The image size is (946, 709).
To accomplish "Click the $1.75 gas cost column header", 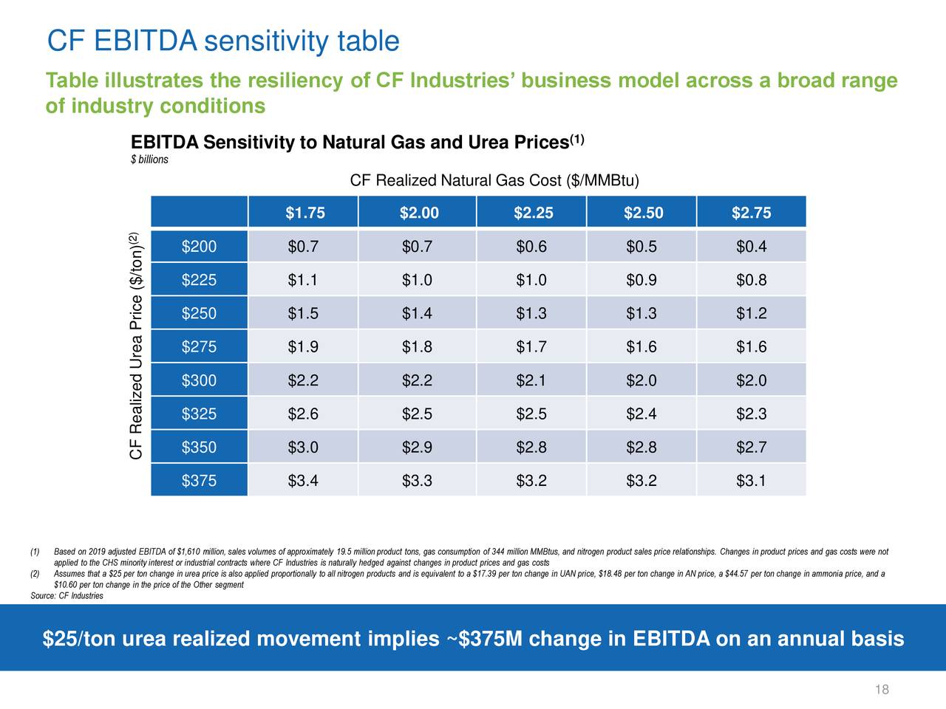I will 304,213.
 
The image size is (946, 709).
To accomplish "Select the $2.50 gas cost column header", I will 643,213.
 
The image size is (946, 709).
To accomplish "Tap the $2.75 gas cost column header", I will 751,213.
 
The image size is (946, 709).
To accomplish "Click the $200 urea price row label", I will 199,247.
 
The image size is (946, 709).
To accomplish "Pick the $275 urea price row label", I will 199,347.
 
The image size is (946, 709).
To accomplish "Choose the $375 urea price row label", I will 199,482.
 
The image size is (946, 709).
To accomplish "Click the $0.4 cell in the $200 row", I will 751,247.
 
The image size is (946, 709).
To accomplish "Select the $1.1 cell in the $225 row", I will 303,281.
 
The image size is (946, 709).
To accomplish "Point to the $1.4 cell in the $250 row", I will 417,314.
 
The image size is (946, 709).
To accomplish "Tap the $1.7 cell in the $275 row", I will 531,347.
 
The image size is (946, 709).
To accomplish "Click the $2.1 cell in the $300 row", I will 531,381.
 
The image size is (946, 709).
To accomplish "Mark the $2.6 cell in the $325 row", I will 303,414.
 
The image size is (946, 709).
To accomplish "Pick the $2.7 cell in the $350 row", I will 751,448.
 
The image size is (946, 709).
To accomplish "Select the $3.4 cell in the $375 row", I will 303,482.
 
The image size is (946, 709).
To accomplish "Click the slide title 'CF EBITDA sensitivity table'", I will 222,42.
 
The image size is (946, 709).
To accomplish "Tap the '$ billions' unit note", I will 149,160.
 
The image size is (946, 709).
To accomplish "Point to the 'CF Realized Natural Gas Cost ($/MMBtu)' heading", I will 494,181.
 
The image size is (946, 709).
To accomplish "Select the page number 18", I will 881,690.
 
